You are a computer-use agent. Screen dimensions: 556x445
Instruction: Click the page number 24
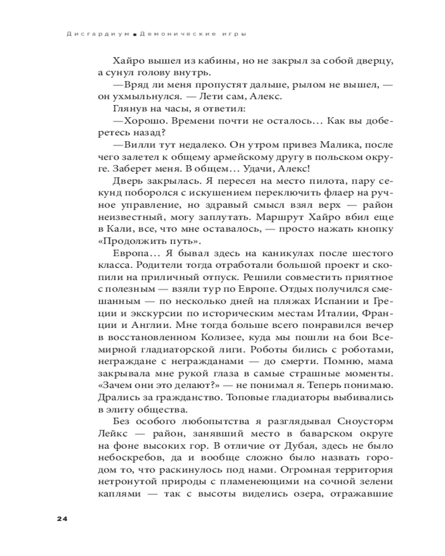[61, 519]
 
